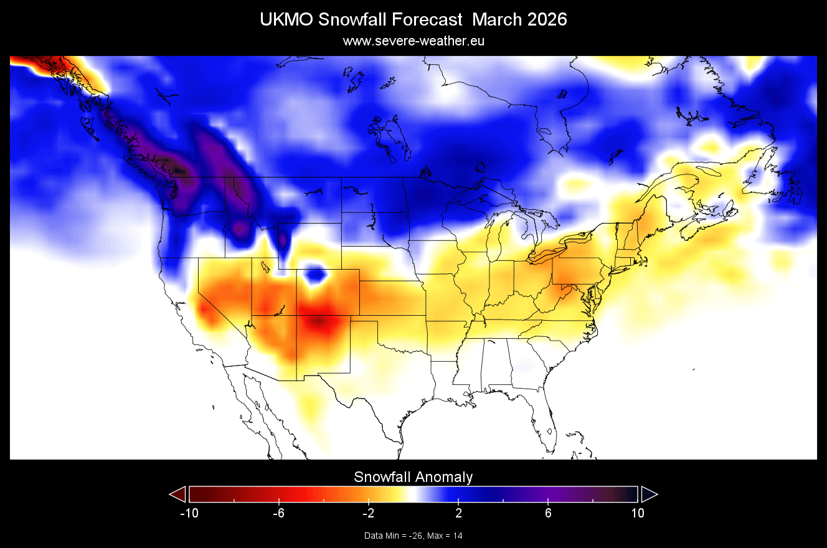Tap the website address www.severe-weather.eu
click(x=413, y=41)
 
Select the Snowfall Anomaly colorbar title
click(x=413, y=477)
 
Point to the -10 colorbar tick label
click(x=189, y=513)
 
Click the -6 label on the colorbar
click(x=278, y=513)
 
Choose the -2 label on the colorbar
click(x=368, y=513)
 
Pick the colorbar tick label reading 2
click(x=458, y=513)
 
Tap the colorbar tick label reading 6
click(x=548, y=513)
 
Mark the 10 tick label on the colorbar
click(x=637, y=513)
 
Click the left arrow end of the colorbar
click(x=178, y=494)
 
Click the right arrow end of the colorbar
click(x=649, y=494)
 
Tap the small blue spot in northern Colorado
click(x=317, y=273)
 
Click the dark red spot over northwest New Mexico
click(x=319, y=322)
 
